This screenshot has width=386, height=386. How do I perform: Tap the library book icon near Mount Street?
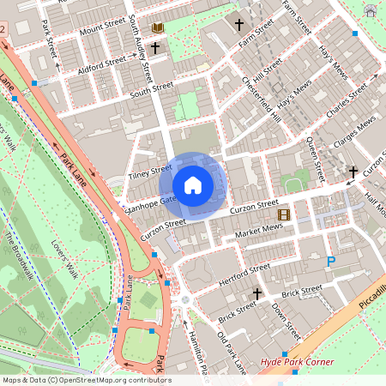coord(157,28)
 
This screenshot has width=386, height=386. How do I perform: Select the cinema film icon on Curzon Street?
coord(284,214)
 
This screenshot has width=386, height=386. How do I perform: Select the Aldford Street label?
coord(102,63)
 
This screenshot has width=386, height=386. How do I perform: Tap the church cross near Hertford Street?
coord(256,294)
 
